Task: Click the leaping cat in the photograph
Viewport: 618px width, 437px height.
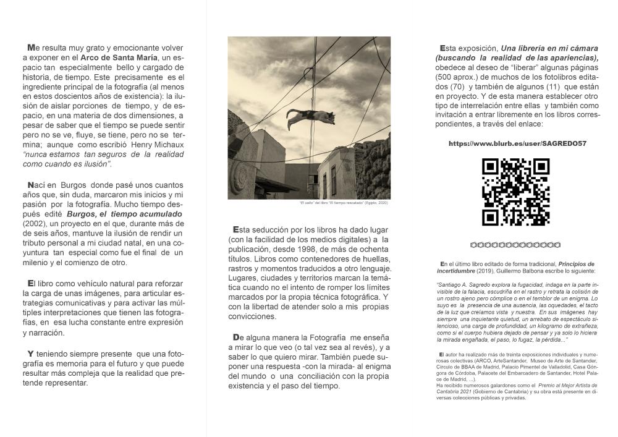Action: point(310,117)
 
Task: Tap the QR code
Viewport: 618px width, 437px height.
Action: point(515,192)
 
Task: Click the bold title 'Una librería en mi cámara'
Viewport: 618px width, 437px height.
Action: point(549,48)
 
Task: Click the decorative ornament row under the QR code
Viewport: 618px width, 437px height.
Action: point(515,245)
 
